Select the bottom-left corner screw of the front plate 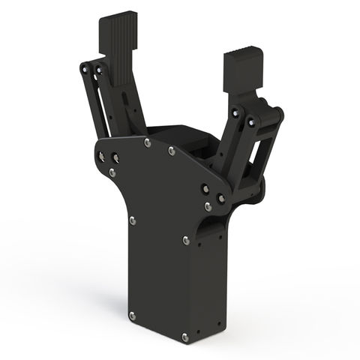[x=132, y=314]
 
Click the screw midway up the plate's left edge [x=132, y=220]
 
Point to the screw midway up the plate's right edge [x=185, y=241]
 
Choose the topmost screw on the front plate [x=147, y=140]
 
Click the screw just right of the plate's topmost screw [x=172, y=151]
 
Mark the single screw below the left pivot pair [x=112, y=172]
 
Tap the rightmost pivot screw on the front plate [x=221, y=197]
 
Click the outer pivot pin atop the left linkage [x=82, y=66]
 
